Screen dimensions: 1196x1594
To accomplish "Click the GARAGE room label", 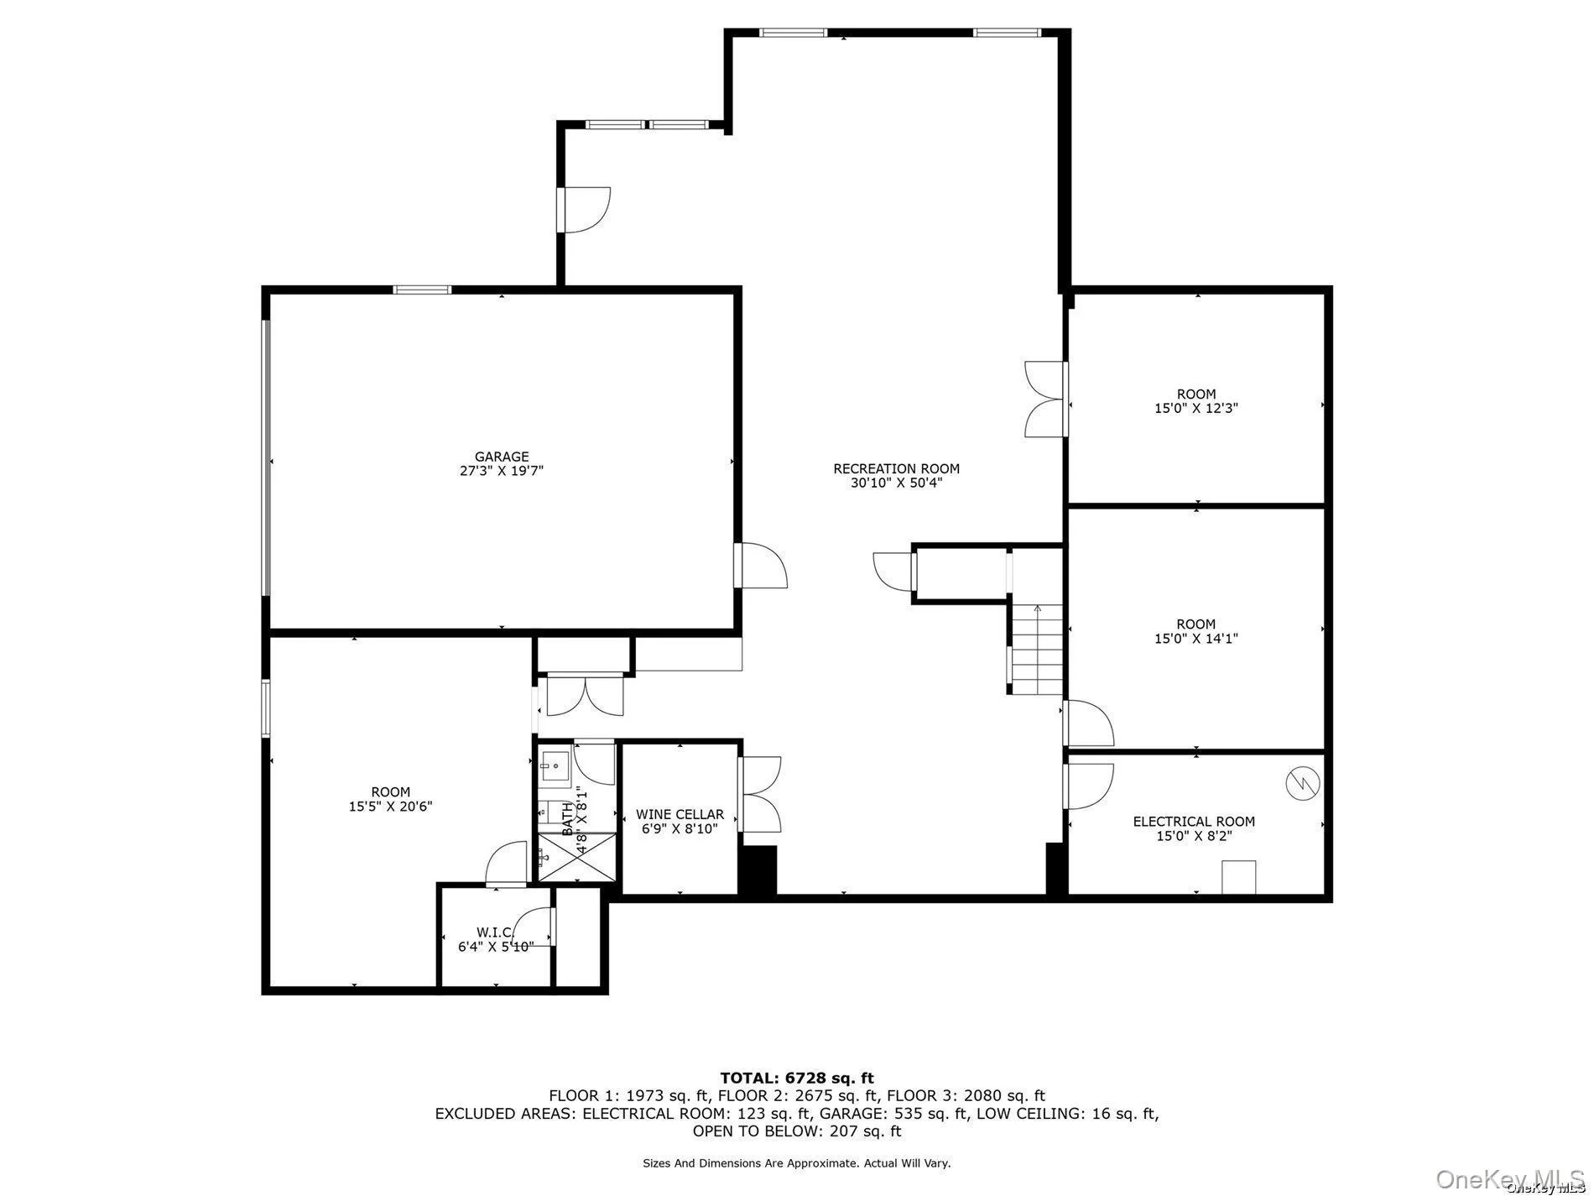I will (502, 457).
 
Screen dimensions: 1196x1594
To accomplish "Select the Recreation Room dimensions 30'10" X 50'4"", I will (896, 483).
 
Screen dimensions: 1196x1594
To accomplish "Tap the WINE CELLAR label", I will (680, 814).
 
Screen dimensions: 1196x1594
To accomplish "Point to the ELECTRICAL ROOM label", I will (1194, 822).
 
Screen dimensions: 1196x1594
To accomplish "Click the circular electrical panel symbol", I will (1303, 784).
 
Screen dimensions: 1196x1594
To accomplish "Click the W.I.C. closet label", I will (496, 932).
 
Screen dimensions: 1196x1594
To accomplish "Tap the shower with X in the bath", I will (576, 857).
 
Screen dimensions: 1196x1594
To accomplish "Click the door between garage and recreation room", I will (760, 566).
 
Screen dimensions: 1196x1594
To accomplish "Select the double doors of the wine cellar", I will (760, 794).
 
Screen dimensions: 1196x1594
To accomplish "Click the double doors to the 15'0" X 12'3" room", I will (1045, 400).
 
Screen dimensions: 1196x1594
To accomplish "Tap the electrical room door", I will (1089, 786).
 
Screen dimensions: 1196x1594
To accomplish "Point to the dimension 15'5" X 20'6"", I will (391, 807).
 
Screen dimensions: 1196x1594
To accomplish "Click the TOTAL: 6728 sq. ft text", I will (797, 1078).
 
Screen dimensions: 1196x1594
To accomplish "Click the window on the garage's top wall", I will (422, 290).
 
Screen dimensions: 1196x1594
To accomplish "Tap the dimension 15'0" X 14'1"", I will (1195, 639).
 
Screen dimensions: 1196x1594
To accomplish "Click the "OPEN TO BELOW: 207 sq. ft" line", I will (797, 1131).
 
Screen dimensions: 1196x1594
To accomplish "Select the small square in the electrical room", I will (1237, 877).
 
